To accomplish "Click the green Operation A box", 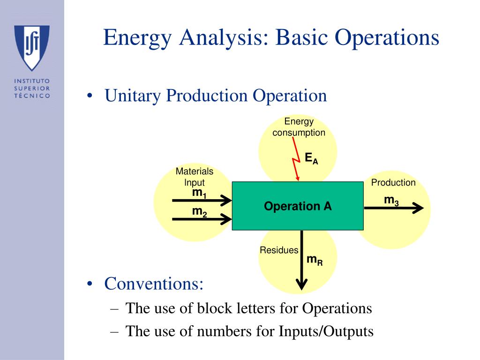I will coord(298,206).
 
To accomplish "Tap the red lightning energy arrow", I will coord(296,164).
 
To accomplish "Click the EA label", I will coord(311,158).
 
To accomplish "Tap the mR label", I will coord(315,260).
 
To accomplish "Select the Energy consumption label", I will coord(299,127).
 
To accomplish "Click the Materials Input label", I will coord(194,177).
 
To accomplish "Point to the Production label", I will coord(393,182).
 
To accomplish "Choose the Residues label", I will coord(279,250).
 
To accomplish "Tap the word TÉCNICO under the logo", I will coord(32,95).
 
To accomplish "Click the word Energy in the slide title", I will coord(137,37).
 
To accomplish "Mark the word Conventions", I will coord(154,284).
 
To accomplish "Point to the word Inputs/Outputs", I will coord(326,331).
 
